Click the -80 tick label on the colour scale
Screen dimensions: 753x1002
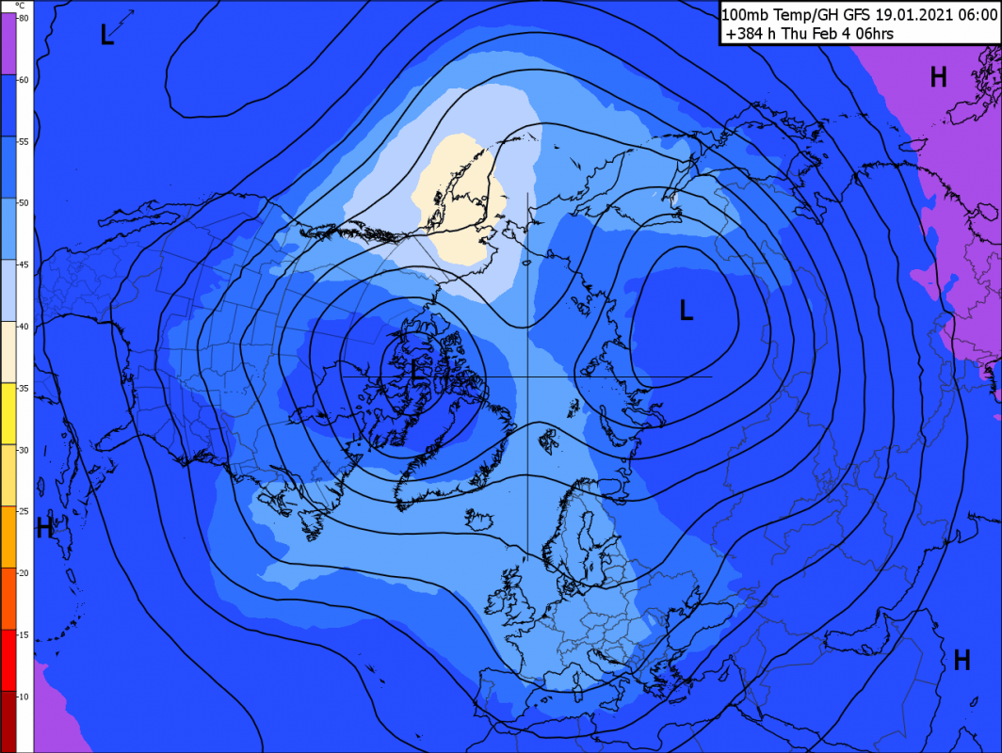click(23, 18)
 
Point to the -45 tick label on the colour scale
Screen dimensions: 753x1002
click(23, 264)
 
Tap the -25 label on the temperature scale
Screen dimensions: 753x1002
click(23, 511)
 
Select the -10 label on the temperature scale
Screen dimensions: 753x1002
click(23, 696)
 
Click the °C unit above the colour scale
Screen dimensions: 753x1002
click(19, 6)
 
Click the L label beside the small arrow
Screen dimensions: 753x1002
click(107, 35)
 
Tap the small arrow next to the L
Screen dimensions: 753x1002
click(124, 20)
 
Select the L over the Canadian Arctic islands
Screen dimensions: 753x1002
click(417, 371)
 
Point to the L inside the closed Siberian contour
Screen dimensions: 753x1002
click(687, 310)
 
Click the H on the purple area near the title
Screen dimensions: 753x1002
click(938, 77)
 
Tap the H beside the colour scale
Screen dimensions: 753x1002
click(43, 528)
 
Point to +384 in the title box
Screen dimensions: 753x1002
click(741, 34)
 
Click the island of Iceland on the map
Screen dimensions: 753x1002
click(478, 516)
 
